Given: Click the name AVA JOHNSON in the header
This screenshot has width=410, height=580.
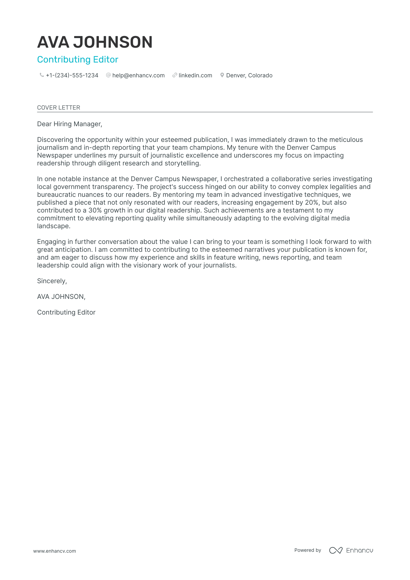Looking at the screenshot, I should pyautogui.click(x=95, y=42).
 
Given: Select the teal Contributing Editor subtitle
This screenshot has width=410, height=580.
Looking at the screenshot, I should pyautogui.click(x=78, y=60).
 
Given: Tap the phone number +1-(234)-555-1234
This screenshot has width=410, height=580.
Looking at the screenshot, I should pyautogui.click(x=72, y=76).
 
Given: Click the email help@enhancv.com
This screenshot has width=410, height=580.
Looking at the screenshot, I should pyautogui.click(x=138, y=76).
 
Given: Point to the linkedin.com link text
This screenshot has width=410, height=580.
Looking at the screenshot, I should pyautogui.click(x=195, y=76).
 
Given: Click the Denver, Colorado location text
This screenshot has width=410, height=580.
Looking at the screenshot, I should pyautogui.click(x=249, y=76).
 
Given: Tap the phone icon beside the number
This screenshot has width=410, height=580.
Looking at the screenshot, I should pyautogui.click(x=42, y=75).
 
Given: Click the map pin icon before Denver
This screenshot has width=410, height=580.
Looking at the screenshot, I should pyautogui.click(x=222, y=75).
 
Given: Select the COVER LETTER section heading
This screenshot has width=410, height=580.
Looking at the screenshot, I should pyautogui.click(x=58, y=108).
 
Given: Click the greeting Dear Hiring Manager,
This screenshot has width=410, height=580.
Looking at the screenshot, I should pyautogui.click(x=69, y=124).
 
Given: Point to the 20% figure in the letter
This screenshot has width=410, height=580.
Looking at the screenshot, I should pyautogui.click(x=311, y=203).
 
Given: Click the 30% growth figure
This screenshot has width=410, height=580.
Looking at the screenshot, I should pyautogui.click(x=95, y=210).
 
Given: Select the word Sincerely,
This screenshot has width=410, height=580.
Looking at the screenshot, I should pyautogui.click(x=52, y=281).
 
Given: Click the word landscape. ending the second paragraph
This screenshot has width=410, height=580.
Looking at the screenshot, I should pyautogui.click(x=54, y=226).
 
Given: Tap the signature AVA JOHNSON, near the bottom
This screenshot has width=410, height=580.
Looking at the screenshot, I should pyautogui.click(x=61, y=297).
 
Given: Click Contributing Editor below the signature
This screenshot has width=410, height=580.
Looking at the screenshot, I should pyautogui.click(x=66, y=313).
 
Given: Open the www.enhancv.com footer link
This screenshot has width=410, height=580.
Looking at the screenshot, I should pyautogui.click(x=54, y=551).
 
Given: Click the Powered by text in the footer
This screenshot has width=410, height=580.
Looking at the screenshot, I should pyautogui.click(x=308, y=550).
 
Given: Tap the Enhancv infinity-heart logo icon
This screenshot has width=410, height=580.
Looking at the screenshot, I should pyautogui.click(x=336, y=550).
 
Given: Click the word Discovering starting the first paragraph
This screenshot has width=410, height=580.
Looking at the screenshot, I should pyautogui.click(x=55, y=140).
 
